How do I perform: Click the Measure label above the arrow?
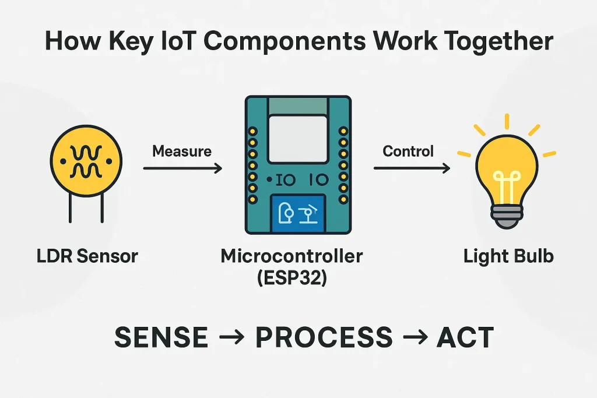tap(181, 152)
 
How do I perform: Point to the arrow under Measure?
tap(182, 169)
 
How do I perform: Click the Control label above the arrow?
tap(408, 152)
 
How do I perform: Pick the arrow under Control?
tap(412, 169)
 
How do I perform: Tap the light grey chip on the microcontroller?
tap(298, 138)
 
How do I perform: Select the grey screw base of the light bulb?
tap(507, 217)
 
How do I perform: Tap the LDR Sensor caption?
tap(87, 256)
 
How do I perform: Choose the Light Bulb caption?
tap(508, 256)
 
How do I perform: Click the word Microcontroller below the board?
tap(292, 256)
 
